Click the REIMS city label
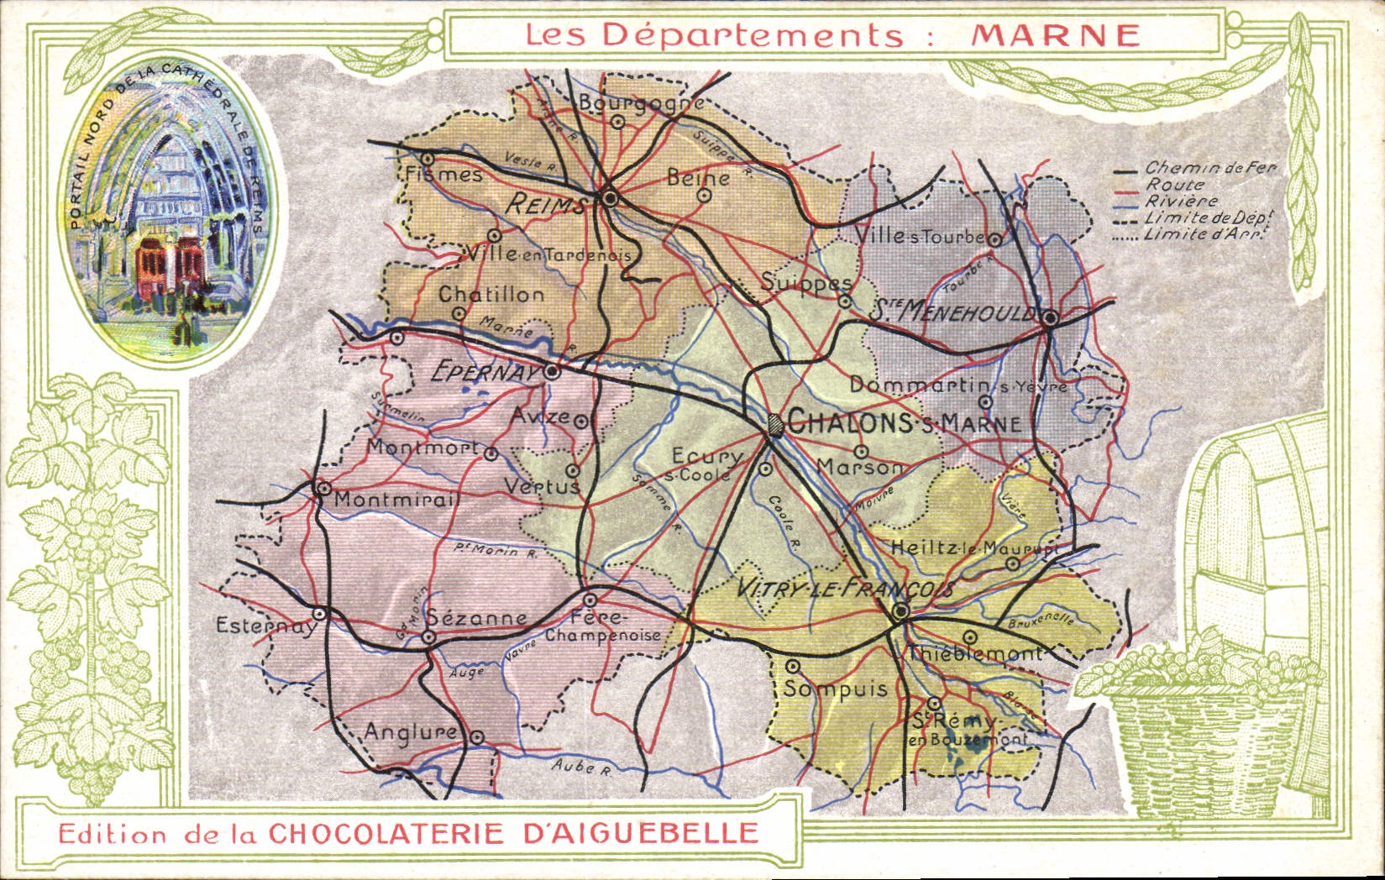546,204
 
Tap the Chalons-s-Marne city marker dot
774,424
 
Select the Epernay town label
483,371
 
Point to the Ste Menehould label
953,312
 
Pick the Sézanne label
477,618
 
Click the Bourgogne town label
641,103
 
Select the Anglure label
411,732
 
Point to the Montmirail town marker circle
322,487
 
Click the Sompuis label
836,689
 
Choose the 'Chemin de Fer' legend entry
1209,169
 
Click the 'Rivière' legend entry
1181,202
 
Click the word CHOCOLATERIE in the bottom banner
386,833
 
